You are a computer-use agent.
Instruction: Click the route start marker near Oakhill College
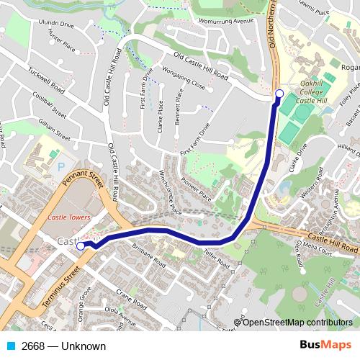279,93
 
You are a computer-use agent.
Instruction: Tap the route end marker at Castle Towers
81,246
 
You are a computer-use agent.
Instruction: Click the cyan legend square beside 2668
12,346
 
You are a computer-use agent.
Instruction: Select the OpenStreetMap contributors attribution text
297,322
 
